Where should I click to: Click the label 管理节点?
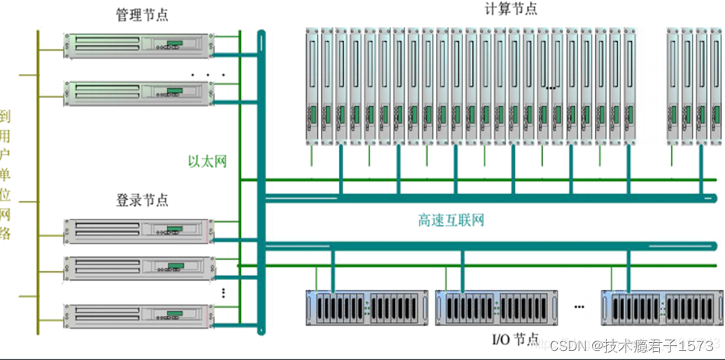(142, 15)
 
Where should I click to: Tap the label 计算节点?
(511, 9)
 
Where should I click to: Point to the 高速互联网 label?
(451, 220)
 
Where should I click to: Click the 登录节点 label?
(142, 200)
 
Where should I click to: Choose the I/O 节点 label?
(515, 340)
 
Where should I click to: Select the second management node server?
(137, 92)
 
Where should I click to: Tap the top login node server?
(137, 231)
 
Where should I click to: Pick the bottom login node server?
(137, 314)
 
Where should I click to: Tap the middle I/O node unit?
(497, 307)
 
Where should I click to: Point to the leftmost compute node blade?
(313, 86)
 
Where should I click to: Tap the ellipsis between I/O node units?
(579, 307)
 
